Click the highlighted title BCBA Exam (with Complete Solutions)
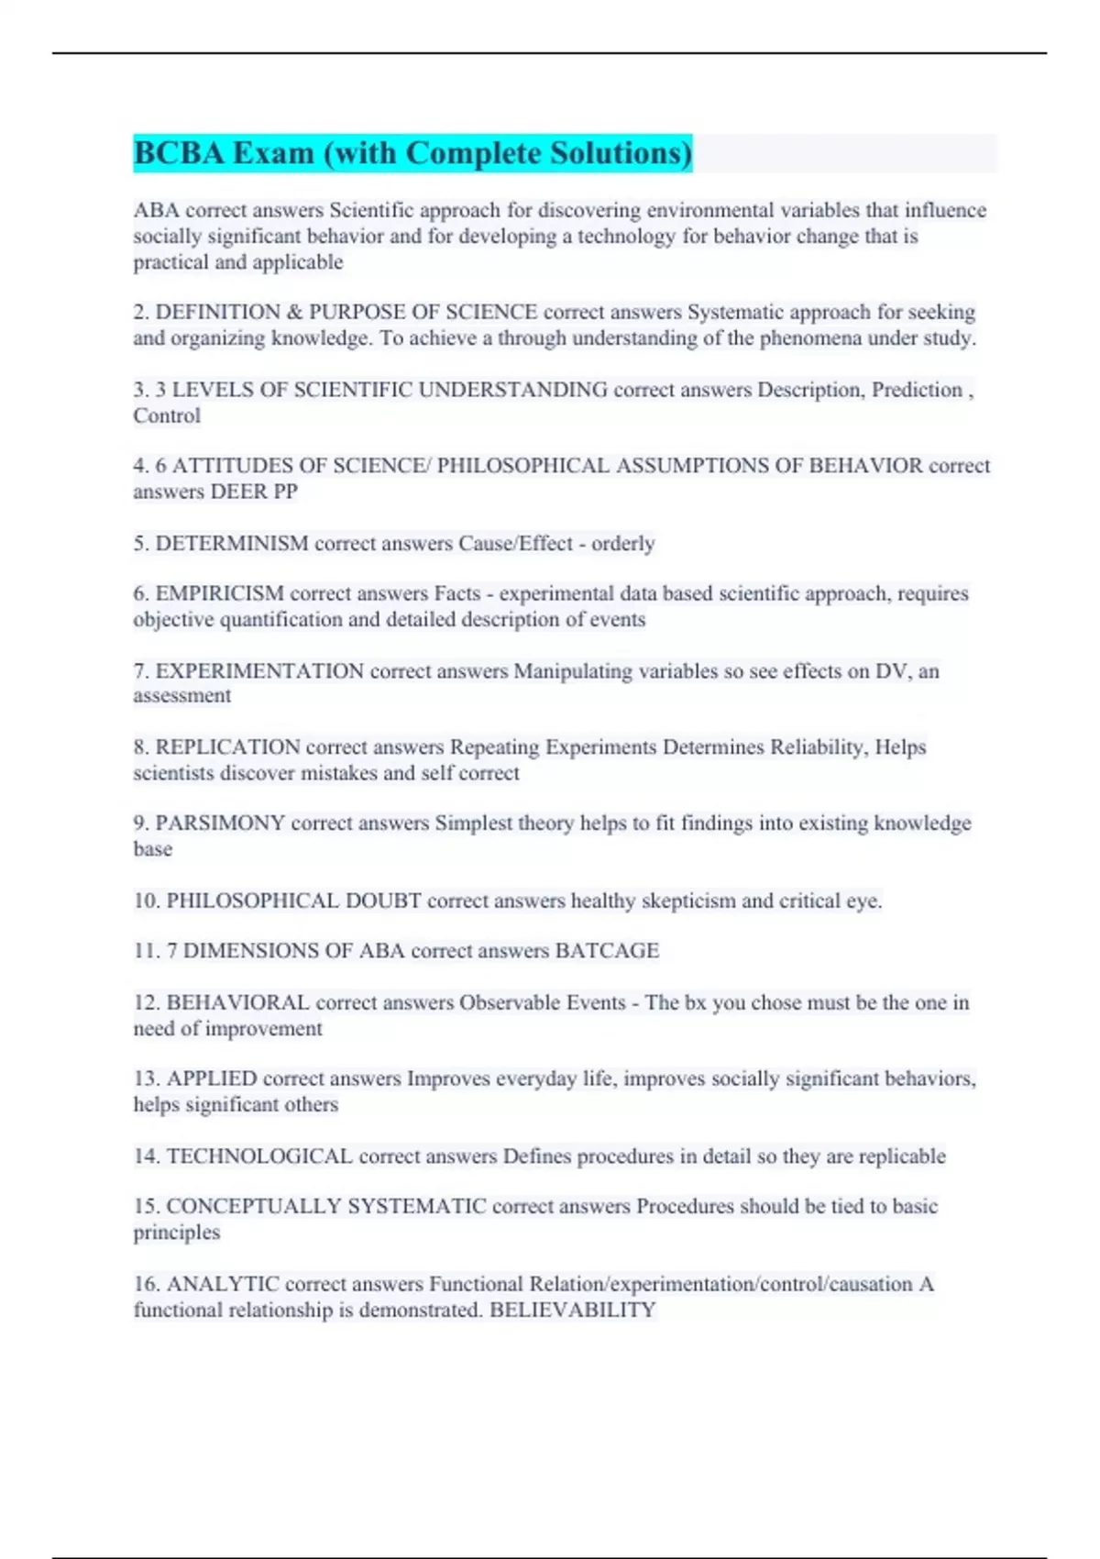412,153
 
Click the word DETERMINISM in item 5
232,544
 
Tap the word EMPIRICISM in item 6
220,594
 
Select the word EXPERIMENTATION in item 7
259,671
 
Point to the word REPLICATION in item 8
228,747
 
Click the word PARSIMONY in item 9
220,824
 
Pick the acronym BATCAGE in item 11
607,951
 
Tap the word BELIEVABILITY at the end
573,1310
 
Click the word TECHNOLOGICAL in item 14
259,1156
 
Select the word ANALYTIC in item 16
223,1284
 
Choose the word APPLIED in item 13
212,1079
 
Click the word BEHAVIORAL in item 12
238,1002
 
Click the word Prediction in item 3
916,390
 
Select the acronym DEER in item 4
238,492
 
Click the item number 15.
147,1207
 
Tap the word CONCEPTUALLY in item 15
252,1207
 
